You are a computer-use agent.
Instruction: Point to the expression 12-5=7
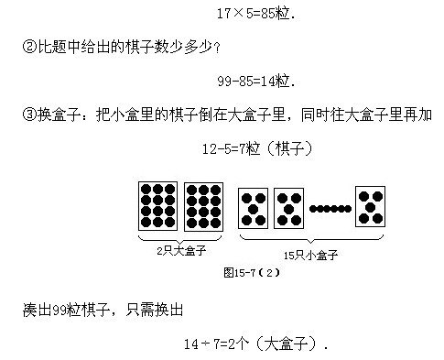[229, 147]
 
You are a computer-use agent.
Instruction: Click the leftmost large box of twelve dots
[157, 205]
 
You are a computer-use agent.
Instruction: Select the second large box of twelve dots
[203, 205]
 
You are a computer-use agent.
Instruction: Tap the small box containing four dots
[253, 208]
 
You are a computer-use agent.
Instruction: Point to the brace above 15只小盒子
[311, 239]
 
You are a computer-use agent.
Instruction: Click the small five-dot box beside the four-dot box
[288, 208]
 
